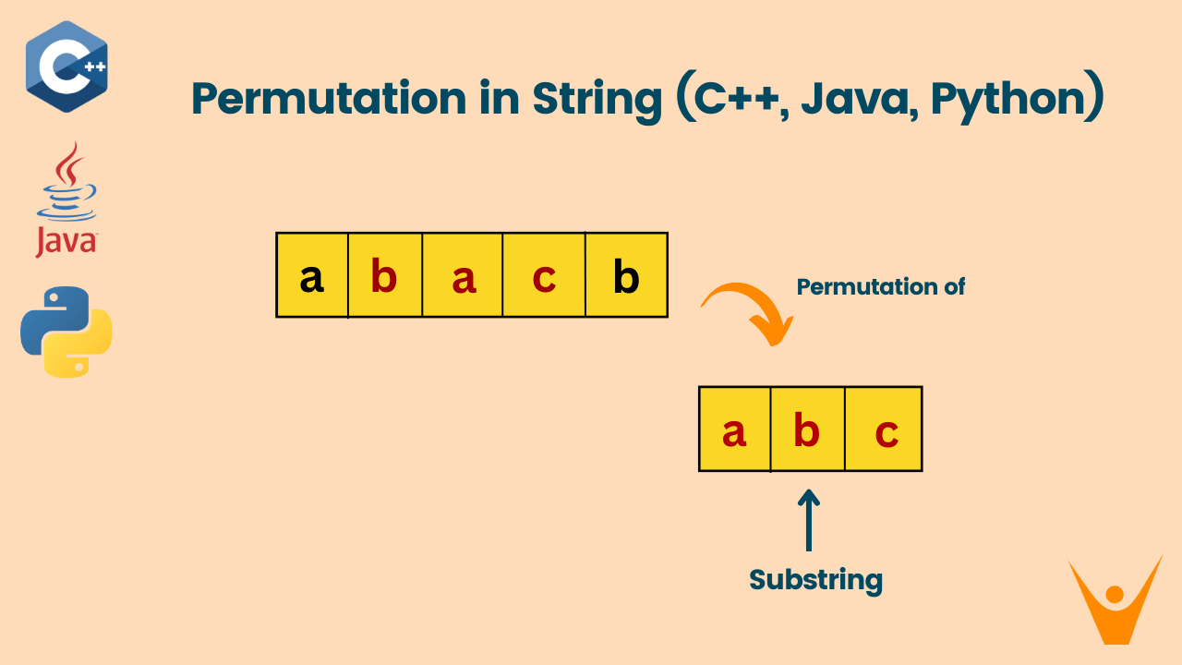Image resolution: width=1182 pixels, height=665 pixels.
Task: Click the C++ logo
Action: (x=66, y=66)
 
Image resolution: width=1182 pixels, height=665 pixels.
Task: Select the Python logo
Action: (x=66, y=332)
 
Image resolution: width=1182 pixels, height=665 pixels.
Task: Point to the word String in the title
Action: (x=597, y=98)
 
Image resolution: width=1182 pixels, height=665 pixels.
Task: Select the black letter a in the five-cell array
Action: (x=312, y=276)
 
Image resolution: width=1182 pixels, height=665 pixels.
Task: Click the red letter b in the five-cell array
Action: (x=384, y=276)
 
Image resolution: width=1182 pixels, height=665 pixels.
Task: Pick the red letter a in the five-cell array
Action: (x=464, y=276)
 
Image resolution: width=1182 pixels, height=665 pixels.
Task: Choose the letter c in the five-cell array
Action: (x=545, y=276)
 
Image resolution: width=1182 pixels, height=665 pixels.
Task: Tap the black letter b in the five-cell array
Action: (x=626, y=276)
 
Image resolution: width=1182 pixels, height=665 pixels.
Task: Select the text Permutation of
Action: (x=880, y=286)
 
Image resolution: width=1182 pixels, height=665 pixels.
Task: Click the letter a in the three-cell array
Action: (x=734, y=430)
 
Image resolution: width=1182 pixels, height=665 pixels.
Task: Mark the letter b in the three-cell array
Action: (x=807, y=430)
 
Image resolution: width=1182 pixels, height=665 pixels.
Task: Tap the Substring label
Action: (x=815, y=580)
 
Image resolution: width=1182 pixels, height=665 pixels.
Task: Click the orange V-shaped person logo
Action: (x=1115, y=598)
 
